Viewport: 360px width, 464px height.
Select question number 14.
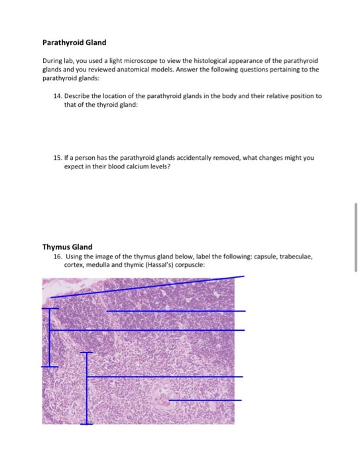56,96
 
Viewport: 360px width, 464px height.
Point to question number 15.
56,158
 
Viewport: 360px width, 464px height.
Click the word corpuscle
188,263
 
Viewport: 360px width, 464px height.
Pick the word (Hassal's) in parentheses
156,263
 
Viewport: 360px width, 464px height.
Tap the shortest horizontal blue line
206,400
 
